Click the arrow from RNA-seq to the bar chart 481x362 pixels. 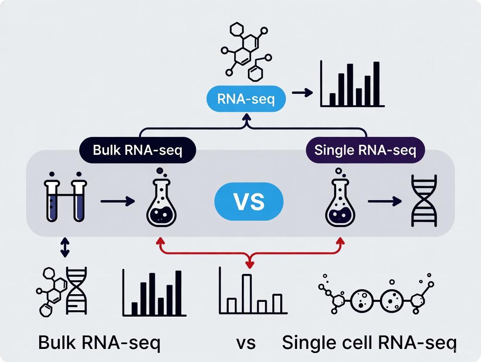302,93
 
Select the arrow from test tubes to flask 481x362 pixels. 117,201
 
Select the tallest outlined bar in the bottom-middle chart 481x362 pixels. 247,294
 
